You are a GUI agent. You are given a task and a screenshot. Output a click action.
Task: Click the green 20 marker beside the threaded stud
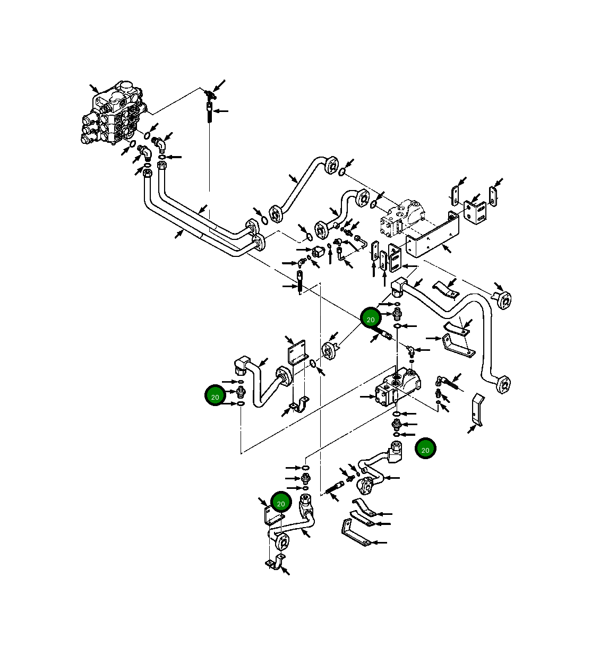point(371,318)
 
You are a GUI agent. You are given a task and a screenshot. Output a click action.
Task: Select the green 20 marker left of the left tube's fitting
point(215,396)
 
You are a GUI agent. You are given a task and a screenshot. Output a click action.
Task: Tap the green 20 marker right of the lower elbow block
point(425,449)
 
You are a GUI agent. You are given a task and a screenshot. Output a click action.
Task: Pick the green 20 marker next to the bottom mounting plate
point(281,503)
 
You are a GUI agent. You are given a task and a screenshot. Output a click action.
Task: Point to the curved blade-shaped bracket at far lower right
point(478,410)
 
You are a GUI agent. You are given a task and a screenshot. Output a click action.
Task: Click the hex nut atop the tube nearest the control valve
point(148,173)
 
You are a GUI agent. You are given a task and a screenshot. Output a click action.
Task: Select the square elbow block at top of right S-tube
point(398,287)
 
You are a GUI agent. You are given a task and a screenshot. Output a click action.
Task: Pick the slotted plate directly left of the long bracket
point(395,258)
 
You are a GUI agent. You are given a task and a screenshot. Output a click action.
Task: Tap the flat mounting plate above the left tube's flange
point(297,352)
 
